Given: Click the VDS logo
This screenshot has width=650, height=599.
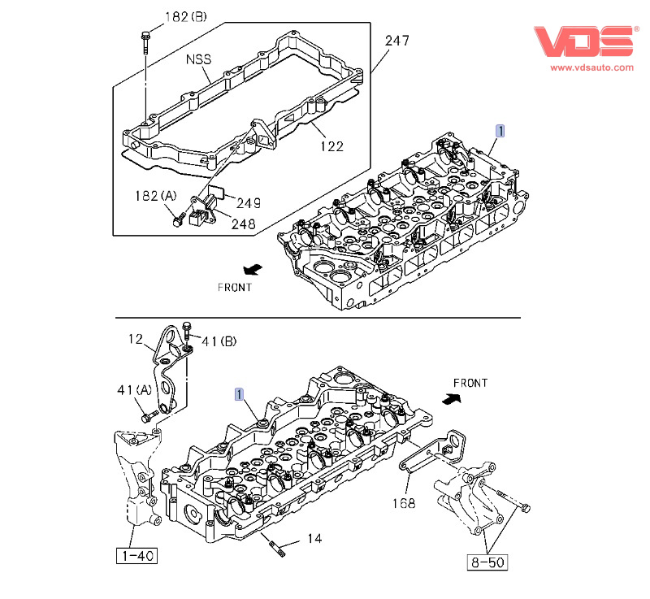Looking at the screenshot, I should click(583, 41).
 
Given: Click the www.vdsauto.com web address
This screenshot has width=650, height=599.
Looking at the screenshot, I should click(591, 68).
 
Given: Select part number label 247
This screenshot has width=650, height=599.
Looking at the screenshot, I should click(396, 41).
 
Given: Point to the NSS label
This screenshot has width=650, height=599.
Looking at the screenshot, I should click(198, 59).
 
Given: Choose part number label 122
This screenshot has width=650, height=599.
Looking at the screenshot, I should click(331, 146).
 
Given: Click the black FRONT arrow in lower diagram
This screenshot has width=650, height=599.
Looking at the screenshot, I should click(451, 398).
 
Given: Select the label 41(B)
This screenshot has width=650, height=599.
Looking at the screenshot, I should click(219, 342).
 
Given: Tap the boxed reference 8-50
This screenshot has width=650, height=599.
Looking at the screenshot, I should click(486, 562).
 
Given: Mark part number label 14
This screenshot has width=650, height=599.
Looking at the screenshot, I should click(314, 538).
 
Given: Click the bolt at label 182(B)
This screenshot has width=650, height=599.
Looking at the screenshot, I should click(145, 41).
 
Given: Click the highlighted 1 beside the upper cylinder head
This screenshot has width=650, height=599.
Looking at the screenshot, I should click(501, 130).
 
